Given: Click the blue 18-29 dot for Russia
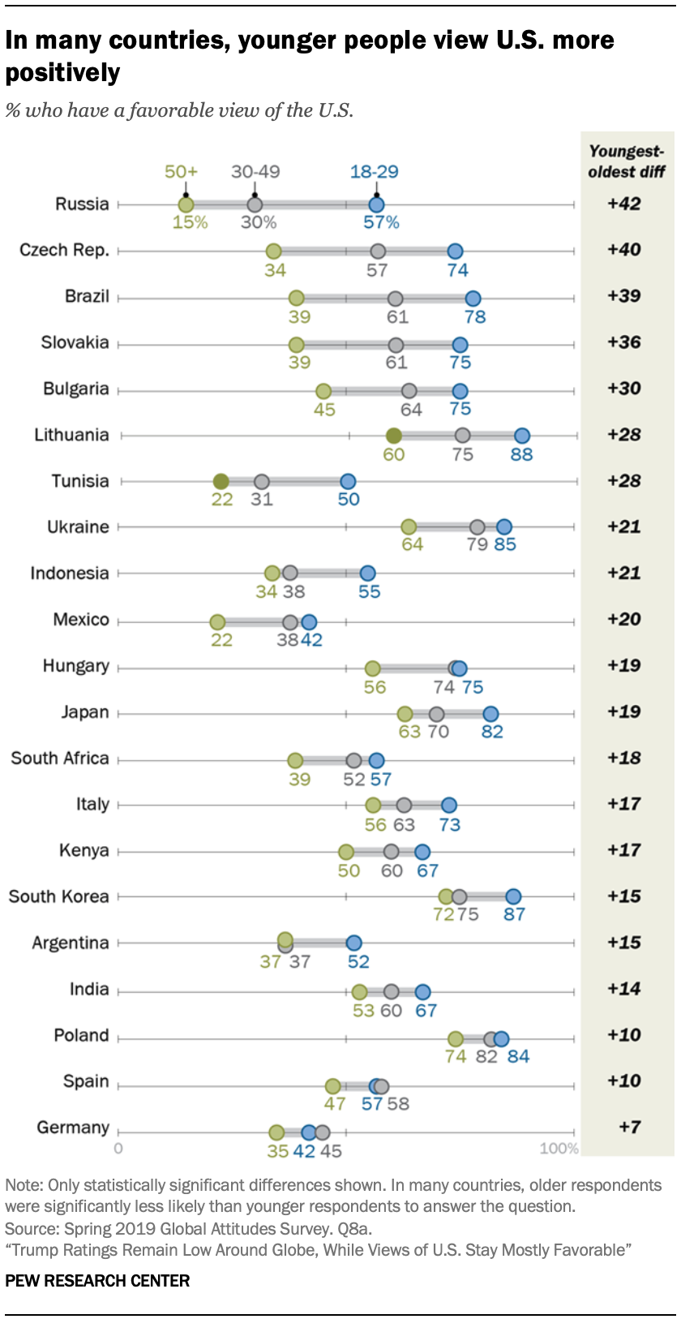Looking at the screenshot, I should click(376, 204).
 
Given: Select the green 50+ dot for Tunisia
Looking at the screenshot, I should click(221, 482).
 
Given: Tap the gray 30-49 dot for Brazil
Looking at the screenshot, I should click(395, 299).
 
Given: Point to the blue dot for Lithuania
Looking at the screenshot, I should click(522, 436).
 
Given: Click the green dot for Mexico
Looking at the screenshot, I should click(217, 622).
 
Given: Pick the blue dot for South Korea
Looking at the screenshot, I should click(513, 896).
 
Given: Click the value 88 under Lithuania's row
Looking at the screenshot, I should click(521, 454).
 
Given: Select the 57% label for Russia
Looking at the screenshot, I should click(381, 222).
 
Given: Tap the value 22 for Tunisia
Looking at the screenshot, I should click(222, 500).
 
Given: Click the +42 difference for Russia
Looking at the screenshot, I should click(624, 204).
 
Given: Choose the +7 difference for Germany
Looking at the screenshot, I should click(630, 1127).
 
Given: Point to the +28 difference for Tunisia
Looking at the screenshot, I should click(624, 481).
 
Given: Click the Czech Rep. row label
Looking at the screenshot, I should click(64, 250).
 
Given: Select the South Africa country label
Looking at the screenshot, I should click(60, 758).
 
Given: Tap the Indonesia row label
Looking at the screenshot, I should click(69, 574).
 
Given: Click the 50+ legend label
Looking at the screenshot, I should click(181, 171).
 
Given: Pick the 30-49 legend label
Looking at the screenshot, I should click(255, 171).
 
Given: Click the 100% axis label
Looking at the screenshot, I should click(559, 1148).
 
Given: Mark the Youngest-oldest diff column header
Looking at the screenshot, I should click(627, 161).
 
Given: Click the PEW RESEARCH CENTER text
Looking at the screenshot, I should click(97, 1281).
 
